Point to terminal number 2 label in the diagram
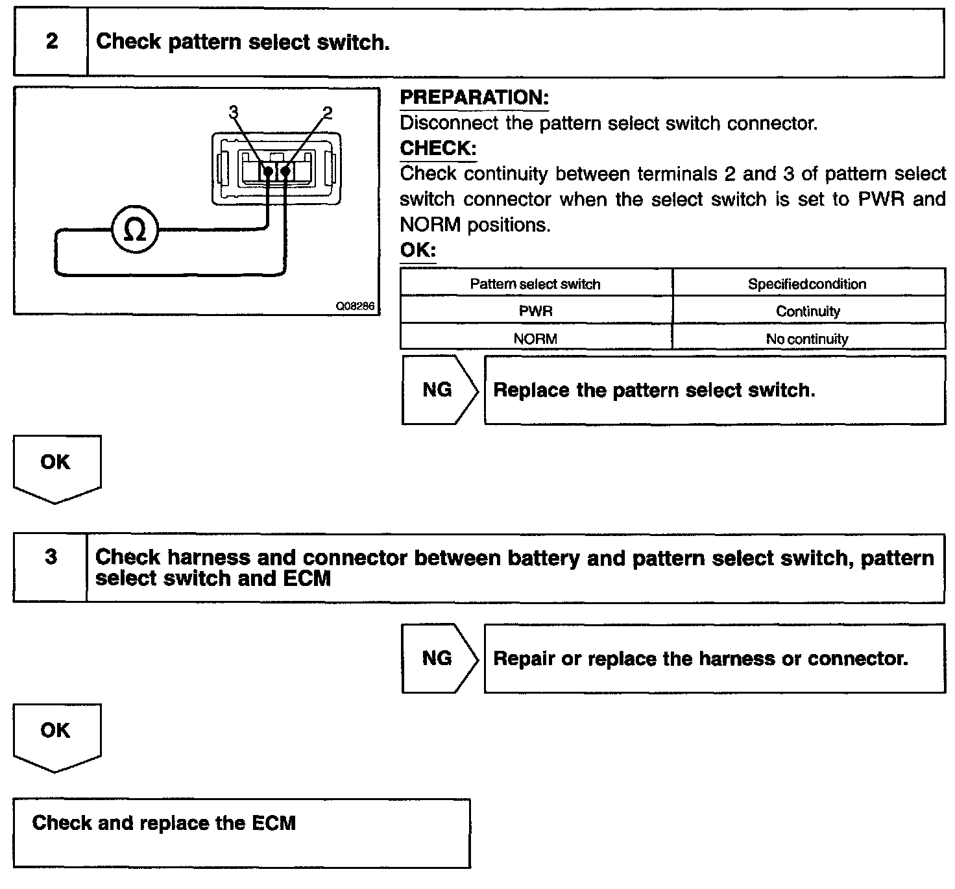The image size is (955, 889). pyautogui.click(x=328, y=112)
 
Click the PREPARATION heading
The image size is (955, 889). pyautogui.click(x=474, y=98)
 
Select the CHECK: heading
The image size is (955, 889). pyautogui.click(x=438, y=149)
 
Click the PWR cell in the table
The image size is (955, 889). pyautogui.click(x=535, y=311)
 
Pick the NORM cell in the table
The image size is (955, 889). pyautogui.click(x=535, y=339)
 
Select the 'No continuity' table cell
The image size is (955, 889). pyautogui.click(x=807, y=339)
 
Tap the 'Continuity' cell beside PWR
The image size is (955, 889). pyautogui.click(x=808, y=311)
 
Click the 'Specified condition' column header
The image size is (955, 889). pyautogui.click(x=807, y=284)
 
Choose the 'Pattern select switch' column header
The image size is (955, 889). pyautogui.click(x=535, y=284)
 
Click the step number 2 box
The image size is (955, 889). pyautogui.click(x=51, y=42)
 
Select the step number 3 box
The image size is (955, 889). pyautogui.click(x=51, y=557)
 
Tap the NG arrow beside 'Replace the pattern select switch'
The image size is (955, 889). pyautogui.click(x=438, y=390)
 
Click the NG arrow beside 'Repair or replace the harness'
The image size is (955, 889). pyautogui.click(x=438, y=659)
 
